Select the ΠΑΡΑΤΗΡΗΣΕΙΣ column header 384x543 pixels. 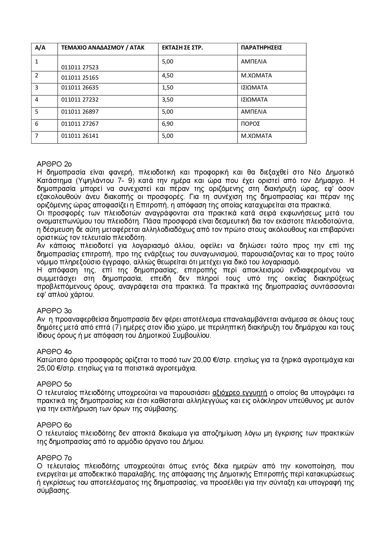coord(261,48)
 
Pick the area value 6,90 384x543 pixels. coord(168,124)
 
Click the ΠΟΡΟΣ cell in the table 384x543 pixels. coord(250,124)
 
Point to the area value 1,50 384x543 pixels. coord(168,88)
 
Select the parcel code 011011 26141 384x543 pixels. coord(80,136)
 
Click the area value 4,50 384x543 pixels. coord(168,76)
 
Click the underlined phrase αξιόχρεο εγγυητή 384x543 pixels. coord(239,393)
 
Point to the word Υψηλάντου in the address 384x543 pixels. coord(94,180)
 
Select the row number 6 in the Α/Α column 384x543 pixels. coord(37,124)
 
